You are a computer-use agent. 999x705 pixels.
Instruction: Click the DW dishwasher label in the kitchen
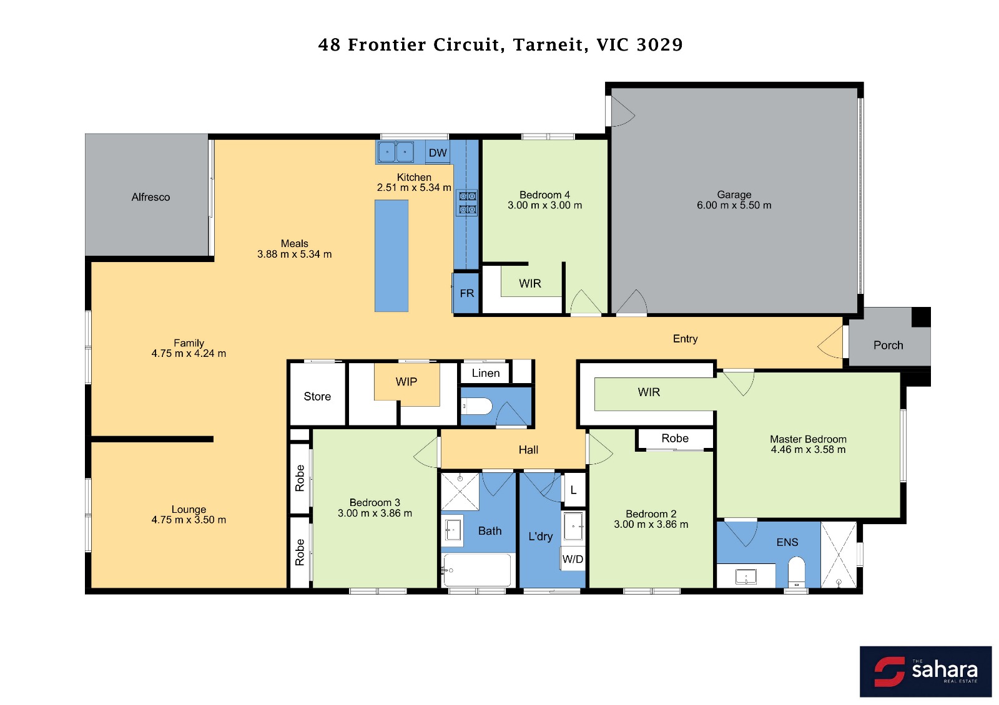(438, 153)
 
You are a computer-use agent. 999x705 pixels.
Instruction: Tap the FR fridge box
(466, 293)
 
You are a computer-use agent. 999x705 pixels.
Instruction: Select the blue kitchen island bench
(391, 256)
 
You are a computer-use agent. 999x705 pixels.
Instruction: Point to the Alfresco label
(150, 197)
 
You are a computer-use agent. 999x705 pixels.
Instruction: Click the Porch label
(888, 345)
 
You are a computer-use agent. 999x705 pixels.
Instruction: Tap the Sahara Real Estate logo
(925, 671)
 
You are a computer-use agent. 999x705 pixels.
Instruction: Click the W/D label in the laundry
(573, 559)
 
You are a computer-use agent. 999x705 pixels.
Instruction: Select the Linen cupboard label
(486, 373)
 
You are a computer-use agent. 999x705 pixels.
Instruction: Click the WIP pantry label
(406, 381)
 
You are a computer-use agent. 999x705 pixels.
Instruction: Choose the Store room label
(317, 396)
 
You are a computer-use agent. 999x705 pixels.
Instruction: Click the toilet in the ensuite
(796, 571)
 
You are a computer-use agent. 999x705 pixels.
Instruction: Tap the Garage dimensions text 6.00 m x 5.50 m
(734, 205)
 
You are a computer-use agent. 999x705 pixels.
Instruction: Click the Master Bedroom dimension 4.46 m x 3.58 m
(808, 449)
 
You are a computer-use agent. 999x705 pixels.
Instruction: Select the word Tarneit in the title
(548, 44)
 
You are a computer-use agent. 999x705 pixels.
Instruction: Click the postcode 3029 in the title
(659, 44)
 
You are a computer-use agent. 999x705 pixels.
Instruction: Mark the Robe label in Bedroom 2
(675, 438)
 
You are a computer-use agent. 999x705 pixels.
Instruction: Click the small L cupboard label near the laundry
(574, 490)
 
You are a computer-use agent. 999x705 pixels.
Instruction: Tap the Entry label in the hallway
(685, 339)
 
